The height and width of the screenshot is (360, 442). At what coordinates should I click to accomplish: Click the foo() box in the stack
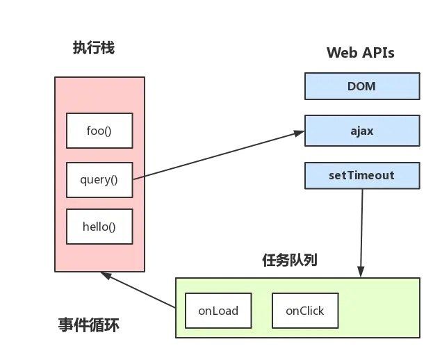pos(99,130)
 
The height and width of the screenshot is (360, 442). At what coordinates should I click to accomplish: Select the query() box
pos(99,179)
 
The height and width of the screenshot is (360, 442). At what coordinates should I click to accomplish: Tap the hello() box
pos(99,227)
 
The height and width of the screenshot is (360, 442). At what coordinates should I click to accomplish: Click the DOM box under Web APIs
pos(361,86)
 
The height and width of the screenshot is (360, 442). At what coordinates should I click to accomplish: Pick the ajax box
pos(361,130)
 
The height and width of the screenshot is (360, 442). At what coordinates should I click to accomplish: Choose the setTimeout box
pos(361,175)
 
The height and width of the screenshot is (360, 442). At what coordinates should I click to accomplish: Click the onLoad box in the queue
pos(218,311)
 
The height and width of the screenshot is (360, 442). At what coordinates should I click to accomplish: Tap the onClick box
pos(304,311)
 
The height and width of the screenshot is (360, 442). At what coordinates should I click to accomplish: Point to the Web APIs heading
pos(360,53)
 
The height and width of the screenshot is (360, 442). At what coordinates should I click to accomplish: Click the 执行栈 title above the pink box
pos(93,48)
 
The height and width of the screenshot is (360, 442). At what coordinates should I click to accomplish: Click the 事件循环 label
pos(93,325)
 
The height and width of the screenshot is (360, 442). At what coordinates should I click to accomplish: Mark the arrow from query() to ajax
pos(219,154)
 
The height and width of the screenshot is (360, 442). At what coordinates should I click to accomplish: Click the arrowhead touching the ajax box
pos(300,131)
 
